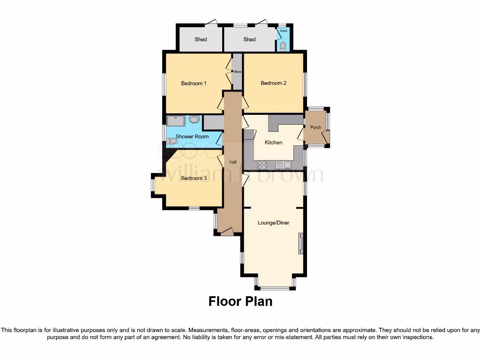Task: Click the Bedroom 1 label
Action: tap(194, 83)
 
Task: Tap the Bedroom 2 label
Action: tap(273, 83)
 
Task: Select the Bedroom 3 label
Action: tap(194, 178)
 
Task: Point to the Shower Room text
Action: tap(192, 136)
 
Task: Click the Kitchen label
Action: tap(273, 142)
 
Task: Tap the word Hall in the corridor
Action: tap(232, 162)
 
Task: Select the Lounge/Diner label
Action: tap(273, 223)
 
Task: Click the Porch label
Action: tap(316, 127)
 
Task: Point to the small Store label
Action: tap(237, 72)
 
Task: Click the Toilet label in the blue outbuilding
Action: tap(283, 31)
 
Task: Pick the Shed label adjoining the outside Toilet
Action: tap(249, 39)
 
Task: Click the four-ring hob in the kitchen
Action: tap(262, 165)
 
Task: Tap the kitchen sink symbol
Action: tap(284, 165)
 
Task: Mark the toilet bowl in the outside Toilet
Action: tap(283, 45)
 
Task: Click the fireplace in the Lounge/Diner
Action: tap(301, 244)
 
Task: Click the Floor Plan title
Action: tap(240, 301)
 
